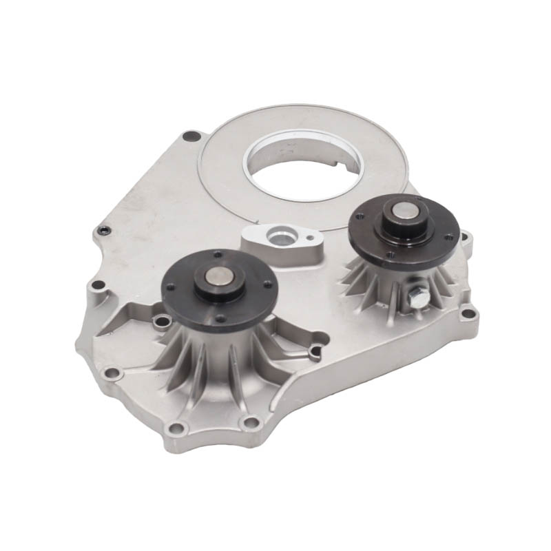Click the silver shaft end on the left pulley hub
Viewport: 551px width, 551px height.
pyautogui.click(x=218, y=281)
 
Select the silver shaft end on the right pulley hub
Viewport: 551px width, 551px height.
pyautogui.click(x=404, y=215)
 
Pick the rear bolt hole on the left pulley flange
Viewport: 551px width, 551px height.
pyautogui.click(x=218, y=255)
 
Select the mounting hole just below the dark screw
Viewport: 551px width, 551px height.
pyautogui.click(x=98, y=284)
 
